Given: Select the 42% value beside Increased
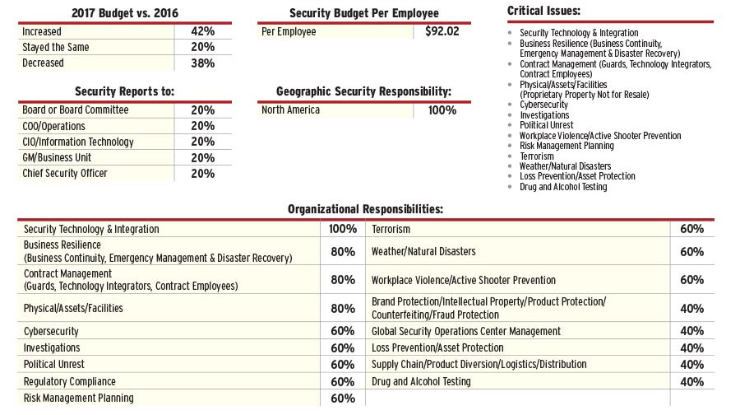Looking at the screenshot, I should [202, 31].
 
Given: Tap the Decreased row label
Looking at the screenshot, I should [43, 63].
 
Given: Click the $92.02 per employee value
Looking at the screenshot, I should [442, 31].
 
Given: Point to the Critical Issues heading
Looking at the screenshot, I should [543, 11].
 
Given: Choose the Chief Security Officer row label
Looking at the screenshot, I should [65, 173].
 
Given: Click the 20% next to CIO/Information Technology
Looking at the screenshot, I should [202, 142].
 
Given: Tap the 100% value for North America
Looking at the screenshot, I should [442, 110].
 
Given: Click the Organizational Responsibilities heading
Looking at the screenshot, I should [365, 209].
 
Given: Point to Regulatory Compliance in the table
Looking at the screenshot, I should [70, 381].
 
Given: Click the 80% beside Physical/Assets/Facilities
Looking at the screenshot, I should [342, 309].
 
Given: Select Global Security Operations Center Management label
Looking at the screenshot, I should [466, 331].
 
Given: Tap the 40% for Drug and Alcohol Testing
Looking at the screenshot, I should [691, 381].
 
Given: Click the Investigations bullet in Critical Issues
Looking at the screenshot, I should [544, 115].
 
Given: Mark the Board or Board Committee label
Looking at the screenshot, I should [76, 110].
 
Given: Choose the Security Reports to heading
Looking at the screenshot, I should [124, 91].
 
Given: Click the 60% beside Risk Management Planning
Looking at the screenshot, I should [342, 399].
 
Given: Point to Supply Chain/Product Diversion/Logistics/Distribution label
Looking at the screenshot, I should [479, 364].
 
